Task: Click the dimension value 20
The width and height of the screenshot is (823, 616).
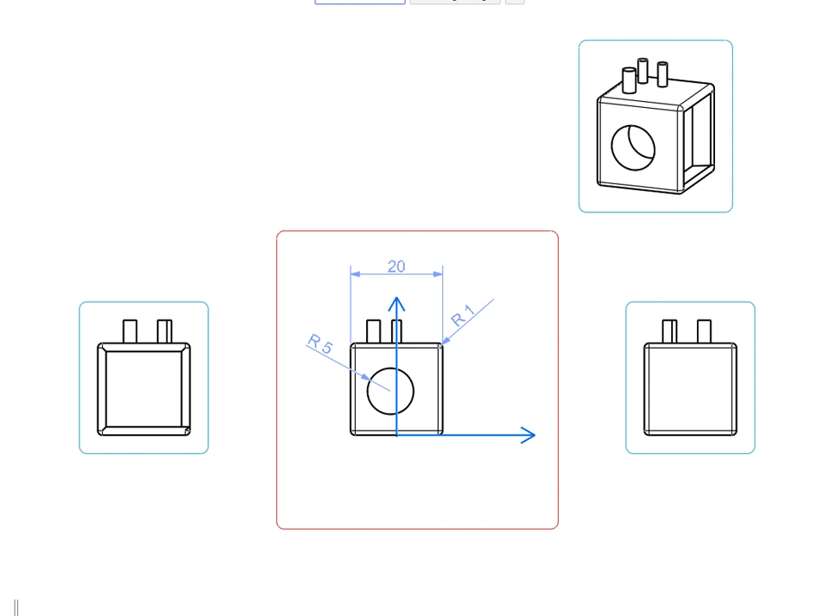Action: pos(396,266)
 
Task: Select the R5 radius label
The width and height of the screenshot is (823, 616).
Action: pos(320,344)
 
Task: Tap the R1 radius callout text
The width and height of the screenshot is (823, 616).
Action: pos(462,315)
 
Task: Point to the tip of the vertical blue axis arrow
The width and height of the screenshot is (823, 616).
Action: pos(397,297)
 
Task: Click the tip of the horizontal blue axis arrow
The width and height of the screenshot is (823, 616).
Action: pos(535,435)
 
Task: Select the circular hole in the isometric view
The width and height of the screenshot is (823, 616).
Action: pos(612,147)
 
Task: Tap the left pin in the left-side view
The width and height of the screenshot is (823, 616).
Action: pos(129,332)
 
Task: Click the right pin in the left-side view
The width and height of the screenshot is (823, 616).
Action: pos(165,332)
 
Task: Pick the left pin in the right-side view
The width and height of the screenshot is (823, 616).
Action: pos(670,332)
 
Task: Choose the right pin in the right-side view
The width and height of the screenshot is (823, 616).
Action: pos(705,332)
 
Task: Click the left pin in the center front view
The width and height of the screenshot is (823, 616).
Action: pos(374,332)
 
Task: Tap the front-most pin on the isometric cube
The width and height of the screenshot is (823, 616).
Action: pos(628,81)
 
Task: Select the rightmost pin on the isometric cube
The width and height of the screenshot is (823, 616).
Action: pos(663,74)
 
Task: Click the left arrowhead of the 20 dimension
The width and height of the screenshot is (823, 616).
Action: pos(355,274)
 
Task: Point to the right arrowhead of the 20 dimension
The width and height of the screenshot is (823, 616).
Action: pos(438,274)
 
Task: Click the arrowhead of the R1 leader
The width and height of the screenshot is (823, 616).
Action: pos(446,341)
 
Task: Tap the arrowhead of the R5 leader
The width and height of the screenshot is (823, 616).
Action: pos(365,377)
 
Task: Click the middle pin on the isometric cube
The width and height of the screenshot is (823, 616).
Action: pos(642,71)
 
